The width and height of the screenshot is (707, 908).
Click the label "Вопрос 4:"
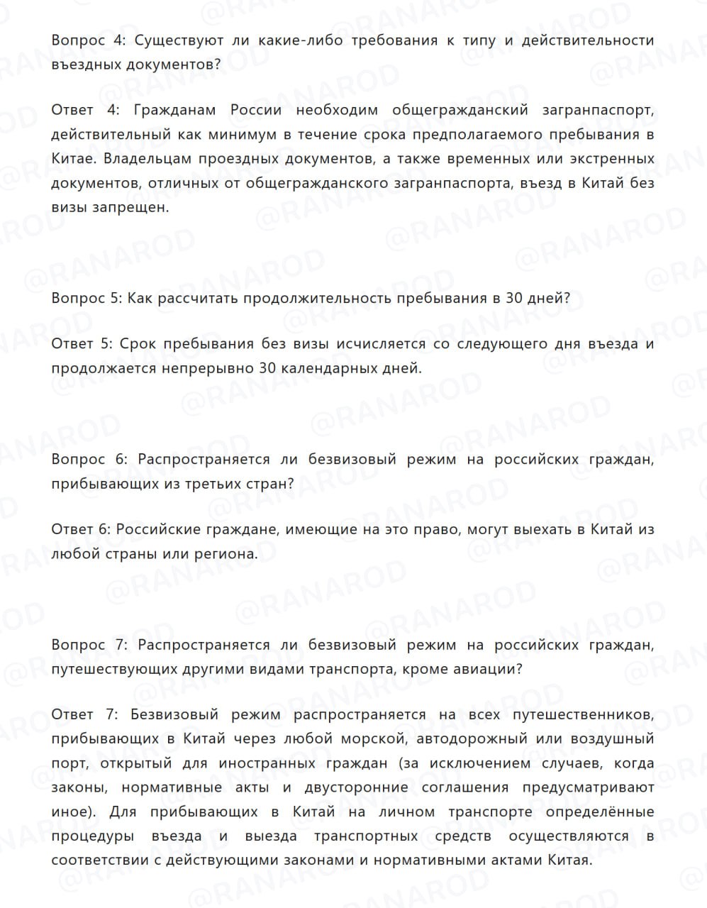(x=88, y=40)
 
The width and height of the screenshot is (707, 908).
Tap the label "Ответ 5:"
(x=82, y=345)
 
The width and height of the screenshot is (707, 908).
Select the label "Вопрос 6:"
(x=89, y=460)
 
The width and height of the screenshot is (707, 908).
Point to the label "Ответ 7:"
(x=81, y=715)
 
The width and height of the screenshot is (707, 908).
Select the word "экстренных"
(x=606, y=159)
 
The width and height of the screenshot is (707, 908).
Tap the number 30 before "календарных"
(x=267, y=369)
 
